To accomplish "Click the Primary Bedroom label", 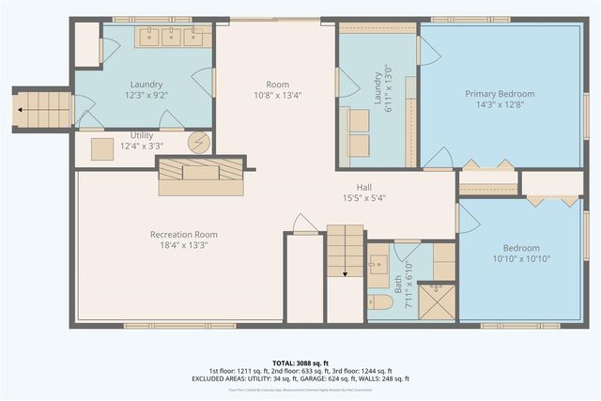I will coord(500,94).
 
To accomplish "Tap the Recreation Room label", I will coord(184,234).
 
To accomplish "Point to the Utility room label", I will coord(141,135).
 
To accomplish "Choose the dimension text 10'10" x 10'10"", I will coord(521,258).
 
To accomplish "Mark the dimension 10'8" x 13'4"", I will coord(277,95).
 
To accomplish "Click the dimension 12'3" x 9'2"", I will coord(146,95).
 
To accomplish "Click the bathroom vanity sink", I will coord(378,269).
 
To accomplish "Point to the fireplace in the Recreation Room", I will coord(197,174).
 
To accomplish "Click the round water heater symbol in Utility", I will coord(198,143).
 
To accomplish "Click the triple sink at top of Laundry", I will coord(172,37).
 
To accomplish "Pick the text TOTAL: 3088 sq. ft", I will coord(300,362).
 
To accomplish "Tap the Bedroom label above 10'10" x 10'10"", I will coord(521,247).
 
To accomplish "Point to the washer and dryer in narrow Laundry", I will coord(357,130).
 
